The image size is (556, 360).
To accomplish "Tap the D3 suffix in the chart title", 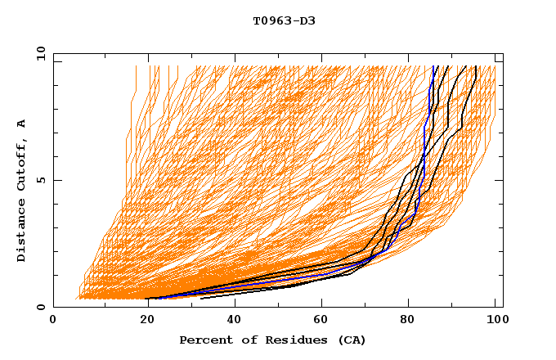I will (307, 20).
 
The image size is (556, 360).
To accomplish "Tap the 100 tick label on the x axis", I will (495, 321).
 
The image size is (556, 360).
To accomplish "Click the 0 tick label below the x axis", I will (54, 321).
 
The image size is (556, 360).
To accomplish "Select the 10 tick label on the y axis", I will (41, 52).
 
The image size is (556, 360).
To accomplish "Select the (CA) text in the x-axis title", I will (349, 340).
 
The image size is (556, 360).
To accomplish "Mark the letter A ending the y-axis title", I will (22, 124).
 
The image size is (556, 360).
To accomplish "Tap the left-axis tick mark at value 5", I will (56, 180).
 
